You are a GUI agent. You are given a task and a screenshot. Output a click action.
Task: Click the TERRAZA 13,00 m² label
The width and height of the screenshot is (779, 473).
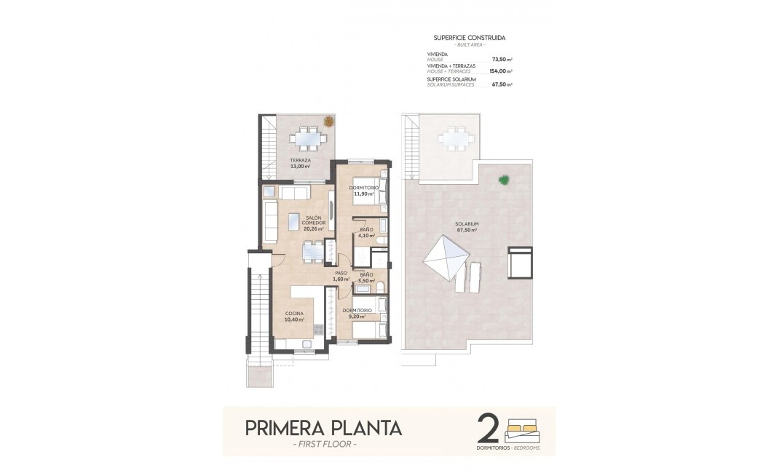point(300,163)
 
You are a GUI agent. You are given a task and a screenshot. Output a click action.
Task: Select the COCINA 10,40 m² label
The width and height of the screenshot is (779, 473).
point(295,316)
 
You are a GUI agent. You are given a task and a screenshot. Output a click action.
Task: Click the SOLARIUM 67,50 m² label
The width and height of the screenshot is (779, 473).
point(466,227)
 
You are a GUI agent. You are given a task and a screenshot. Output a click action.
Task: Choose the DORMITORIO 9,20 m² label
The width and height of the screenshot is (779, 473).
point(357,313)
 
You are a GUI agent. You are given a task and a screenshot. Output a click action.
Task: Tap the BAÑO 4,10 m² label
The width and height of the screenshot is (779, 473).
point(366,232)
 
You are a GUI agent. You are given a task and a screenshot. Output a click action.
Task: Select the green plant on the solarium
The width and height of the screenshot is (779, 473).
point(503,178)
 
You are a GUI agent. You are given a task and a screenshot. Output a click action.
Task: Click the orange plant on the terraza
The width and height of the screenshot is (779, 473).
point(329,122)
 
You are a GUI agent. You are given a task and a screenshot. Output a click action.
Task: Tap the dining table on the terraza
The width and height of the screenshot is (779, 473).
point(306,137)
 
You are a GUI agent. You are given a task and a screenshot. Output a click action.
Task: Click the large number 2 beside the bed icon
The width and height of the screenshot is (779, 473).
point(487,429)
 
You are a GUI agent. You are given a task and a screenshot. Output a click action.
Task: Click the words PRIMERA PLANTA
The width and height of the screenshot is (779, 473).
point(323,427)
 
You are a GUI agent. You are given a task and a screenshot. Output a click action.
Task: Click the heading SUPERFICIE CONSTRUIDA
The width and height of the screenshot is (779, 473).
point(469,37)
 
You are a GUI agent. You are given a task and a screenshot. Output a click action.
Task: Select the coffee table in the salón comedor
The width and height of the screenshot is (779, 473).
point(293,220)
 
